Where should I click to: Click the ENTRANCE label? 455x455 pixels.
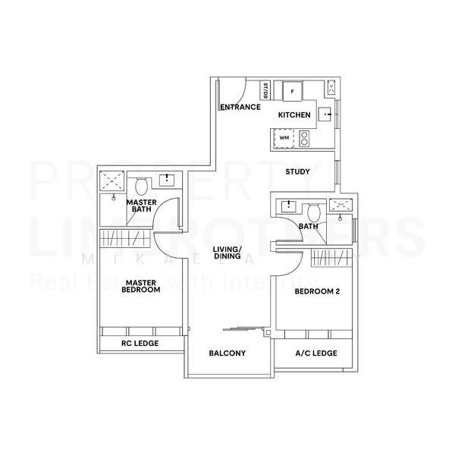pos(240,108)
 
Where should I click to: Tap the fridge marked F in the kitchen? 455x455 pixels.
pos(292,91)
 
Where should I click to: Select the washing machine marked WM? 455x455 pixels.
pos(284,138)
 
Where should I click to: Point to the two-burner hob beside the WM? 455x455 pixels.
pos(304,138)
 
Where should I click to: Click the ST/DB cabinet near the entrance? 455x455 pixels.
pos(265,91)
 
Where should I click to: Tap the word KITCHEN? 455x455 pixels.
pos(294,115)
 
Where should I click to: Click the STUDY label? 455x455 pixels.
pos(297,171)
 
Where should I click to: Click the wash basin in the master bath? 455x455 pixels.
pos(168,180)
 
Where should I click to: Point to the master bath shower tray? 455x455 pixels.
pos(115,180)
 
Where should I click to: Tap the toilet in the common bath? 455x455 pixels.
pos(314,209)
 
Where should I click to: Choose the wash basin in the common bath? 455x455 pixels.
pos(289,206)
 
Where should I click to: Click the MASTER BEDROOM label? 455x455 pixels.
pos(142,286)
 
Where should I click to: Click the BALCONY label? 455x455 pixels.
pos(227,353)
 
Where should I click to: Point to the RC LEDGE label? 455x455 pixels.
pos(141,343)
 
